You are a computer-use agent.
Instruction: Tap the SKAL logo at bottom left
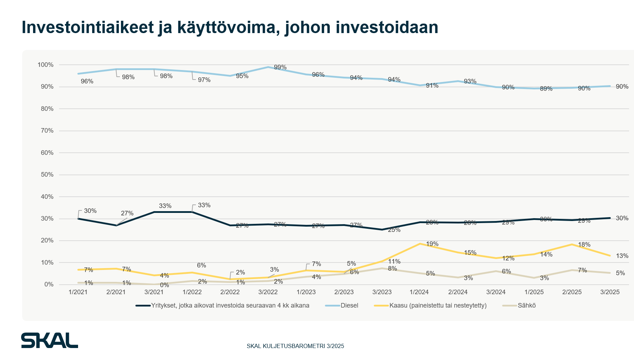point(50,340)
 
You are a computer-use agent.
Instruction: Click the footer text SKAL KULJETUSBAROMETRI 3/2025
point(295,346)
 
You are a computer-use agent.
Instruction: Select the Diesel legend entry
point(349,305)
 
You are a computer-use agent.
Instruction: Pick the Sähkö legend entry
point(526,305)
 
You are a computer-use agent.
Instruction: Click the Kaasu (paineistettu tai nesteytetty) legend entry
point(438,305)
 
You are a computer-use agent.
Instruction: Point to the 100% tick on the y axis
point(45,65)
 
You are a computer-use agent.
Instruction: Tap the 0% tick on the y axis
point(49,284)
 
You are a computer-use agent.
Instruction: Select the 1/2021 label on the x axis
point(78,292)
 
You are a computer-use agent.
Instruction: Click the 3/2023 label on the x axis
point(382,292)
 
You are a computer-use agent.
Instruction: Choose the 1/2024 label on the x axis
point(419,292)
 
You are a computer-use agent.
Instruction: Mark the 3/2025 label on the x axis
point(610,292)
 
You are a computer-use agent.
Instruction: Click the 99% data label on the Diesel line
point(280,67)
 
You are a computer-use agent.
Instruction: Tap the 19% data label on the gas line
point(432,244)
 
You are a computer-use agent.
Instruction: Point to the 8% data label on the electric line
point(392,269)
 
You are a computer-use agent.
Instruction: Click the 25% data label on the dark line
point(394,230)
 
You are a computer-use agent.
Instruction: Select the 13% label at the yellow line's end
point(622,256)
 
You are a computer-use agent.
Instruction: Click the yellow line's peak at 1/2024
point(420,244)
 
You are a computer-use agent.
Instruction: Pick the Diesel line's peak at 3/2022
point(268,67)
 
